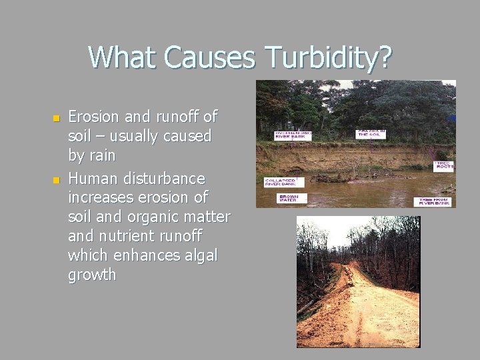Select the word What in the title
coord(123,57)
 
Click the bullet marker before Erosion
coord(56,118)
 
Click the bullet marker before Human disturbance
coord(56,180)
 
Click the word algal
coord(197,255)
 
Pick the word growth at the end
coord(92,275)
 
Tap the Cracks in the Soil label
coord(372,134)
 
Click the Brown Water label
coord(290,199)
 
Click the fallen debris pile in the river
coord(330,178)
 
